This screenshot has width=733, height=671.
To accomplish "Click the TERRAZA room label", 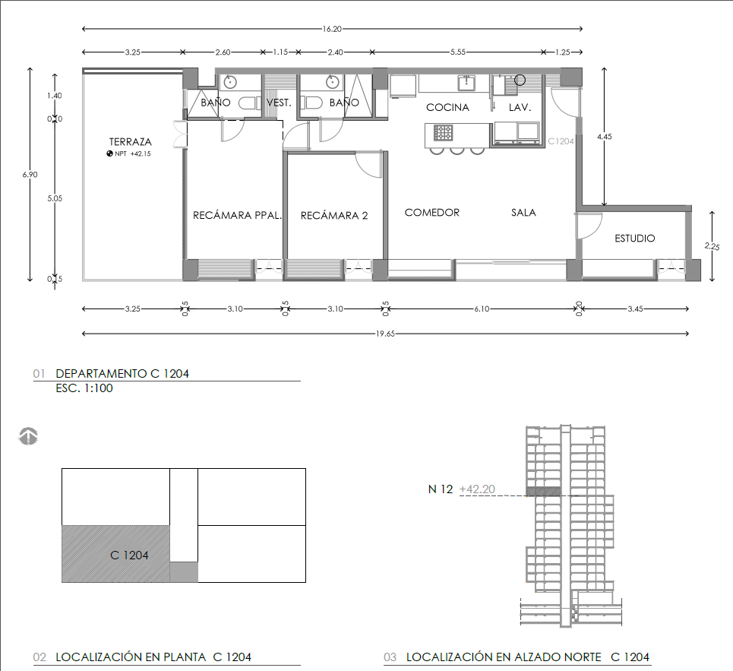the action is [x=131, y=141].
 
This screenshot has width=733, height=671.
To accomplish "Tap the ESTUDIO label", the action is [x=635, y=239].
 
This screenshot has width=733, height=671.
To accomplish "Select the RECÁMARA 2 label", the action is [x=334, y=216].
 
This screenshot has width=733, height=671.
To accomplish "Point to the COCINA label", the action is [x=447, y=108].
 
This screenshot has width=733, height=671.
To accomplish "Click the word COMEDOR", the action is [x=432, y=213].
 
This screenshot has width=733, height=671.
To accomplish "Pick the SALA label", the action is [x=523, y=213].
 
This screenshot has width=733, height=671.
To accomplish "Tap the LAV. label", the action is [x=520, y=108].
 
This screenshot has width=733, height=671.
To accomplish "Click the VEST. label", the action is [x=279, y=103].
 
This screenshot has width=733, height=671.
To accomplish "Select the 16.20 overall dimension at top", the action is [x=332, y=29].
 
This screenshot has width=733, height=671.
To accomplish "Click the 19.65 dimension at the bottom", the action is [x=385, y=334].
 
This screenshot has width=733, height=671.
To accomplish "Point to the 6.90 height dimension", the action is [x=30, y=175].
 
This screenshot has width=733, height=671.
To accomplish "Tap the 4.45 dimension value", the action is [x=605, y=137].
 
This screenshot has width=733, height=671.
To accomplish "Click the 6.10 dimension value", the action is [x=482, y=309].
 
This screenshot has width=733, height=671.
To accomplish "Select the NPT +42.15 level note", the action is [x=128, y=154].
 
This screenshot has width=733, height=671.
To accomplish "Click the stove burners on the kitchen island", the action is [x=443, y=133].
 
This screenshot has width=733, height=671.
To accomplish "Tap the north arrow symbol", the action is [x=28, y=435].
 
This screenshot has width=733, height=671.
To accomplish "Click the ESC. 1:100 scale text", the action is [x=84, y=388].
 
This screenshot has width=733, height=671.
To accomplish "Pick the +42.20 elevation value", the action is [x=477, y=489].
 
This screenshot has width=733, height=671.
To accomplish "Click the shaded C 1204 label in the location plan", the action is [x=129, y=555].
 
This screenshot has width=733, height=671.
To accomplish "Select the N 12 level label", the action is [x=441, y=489].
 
